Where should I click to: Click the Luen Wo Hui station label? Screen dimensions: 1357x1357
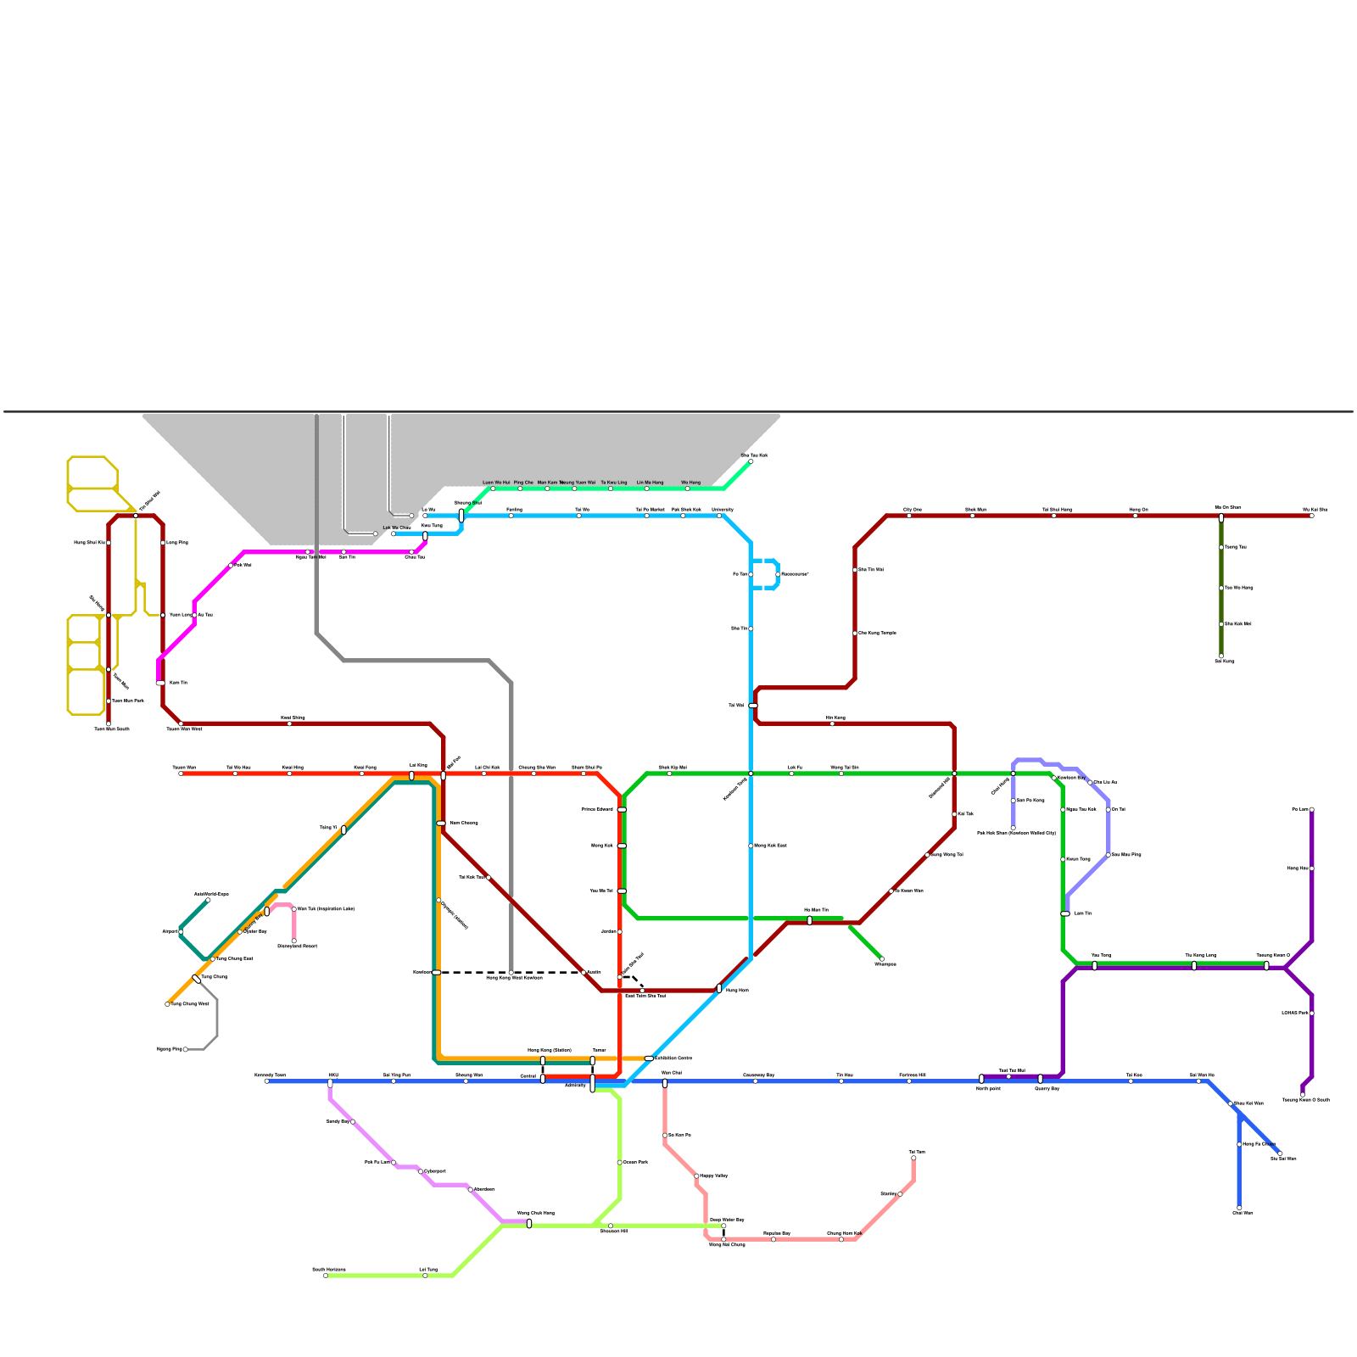click(x=496, y=482)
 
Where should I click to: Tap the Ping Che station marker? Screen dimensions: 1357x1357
click(x=520, y=489)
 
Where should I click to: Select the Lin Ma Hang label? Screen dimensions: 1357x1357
click(x=650, y=482)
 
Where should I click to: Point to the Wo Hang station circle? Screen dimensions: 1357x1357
click(x=687, y=489)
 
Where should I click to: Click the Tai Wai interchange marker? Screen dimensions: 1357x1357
click(x=753, y=706)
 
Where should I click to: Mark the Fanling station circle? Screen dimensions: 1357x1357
click(x=511, y=516)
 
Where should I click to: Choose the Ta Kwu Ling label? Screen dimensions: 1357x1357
click(x=613, y=482)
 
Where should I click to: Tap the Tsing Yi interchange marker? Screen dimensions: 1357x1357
click(x=343, y=829)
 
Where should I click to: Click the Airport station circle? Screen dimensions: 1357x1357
click(x=181, y=932)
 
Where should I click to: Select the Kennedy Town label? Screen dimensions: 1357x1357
click(x=270, y=1075)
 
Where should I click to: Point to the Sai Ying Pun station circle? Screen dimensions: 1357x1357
click(x=394, y=1081)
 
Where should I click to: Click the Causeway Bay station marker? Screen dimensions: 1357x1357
click(x=755, y=1081)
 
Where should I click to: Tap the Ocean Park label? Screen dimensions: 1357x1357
click(x=635, y=1162)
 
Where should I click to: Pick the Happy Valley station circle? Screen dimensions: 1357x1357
click(x=696, y=1176)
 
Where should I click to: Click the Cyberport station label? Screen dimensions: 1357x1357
click(x=434, y=1171)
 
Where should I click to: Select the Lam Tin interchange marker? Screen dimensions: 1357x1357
click(x=1065, y=913)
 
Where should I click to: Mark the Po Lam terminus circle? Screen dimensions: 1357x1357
click(x=1311, y=810)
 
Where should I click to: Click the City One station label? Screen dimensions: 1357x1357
click(x=912, y=510)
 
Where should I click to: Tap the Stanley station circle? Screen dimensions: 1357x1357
click(x=900, y=1194)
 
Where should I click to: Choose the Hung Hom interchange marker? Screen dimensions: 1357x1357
click(x=719, y=989)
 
